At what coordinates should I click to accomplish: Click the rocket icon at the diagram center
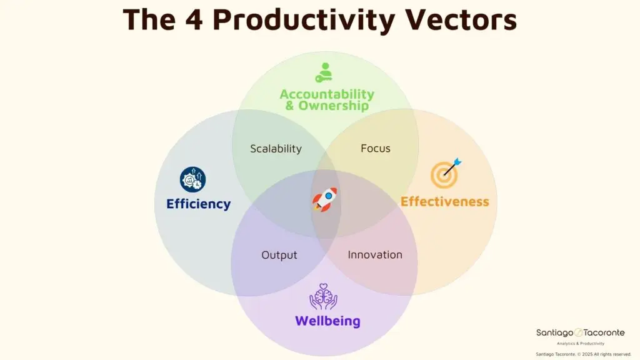[324, 199]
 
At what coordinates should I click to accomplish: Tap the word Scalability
[276, 149]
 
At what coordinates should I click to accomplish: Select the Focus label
[376, 148]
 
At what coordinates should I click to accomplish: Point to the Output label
[279, 255]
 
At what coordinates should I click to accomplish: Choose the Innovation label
[375, 255]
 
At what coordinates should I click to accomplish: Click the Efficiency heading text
[198, 204]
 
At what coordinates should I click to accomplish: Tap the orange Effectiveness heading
[444, 201]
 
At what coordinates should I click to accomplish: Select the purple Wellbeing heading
[327, 321]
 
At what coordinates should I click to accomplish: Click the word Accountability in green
[327, 94]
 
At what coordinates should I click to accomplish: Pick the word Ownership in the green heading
[334, 106]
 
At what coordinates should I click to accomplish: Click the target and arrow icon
[446, 173]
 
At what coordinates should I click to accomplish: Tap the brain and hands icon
[323, 297]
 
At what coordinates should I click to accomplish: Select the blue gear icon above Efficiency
[192, 179]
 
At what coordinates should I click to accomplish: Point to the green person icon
[324, 72]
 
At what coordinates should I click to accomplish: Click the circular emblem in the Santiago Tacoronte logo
[579, 333]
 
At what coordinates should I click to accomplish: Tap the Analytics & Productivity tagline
[581, 344]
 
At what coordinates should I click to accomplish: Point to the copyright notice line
[579, 354]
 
